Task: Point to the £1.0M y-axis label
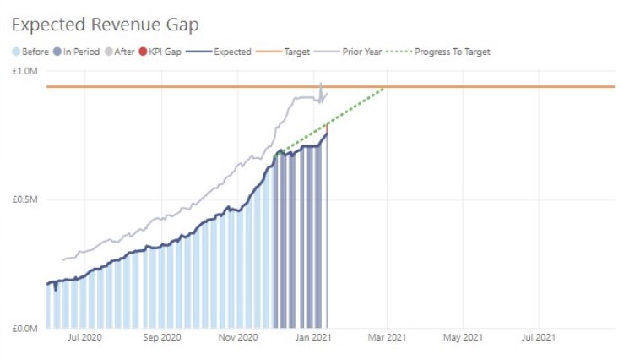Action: click(26, 72)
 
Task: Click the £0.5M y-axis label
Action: click(26, 200)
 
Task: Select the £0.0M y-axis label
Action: click(26, 328)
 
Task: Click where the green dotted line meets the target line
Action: click(385, 87)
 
